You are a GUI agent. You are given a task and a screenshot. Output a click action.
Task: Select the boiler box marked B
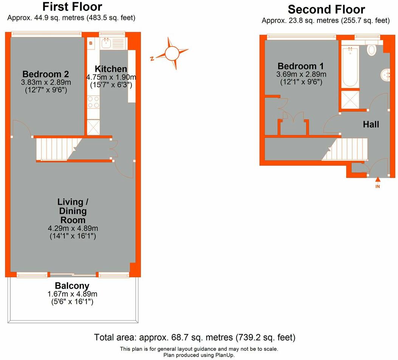pyautogui.click(x=91, y=43)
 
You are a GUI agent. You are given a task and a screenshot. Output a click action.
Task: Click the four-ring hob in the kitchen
pyautogui.click(x=93, y=102)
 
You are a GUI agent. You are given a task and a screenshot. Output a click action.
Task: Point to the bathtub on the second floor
pyautogui.click(x=349, y=67)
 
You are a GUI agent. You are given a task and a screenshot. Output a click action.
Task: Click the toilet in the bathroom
pyautogui.click(x=372, y=49)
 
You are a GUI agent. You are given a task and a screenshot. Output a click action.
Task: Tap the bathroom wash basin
pyautogui.click(x=385, y=74)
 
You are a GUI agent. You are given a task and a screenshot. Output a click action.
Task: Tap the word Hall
pyautogui.click(x=371, y=124)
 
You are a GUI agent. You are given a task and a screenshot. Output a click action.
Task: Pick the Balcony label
pyautogui.click(x=72, y=286)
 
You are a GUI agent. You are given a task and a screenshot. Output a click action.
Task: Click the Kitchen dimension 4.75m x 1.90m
pyautogui.click(x=111, y=77)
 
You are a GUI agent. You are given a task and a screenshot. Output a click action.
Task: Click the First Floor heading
pyautogui.click(x=72, y=7)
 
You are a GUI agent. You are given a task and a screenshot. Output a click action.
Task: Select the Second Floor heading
pyautogui.click(x=326, y=9)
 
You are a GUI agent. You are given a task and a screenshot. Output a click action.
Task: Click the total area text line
pyautogui.click(x=194, y=337)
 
